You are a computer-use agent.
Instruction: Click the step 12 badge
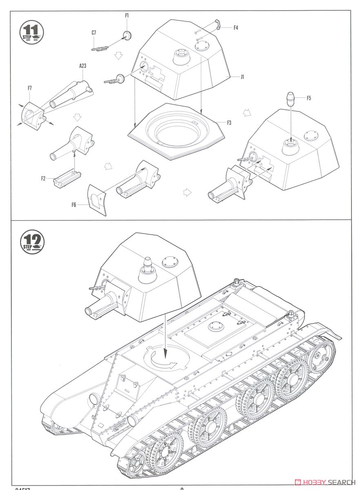(x=32, y=242)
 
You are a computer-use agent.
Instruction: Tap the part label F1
(x=127, y=16)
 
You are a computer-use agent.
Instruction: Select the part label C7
(x=93, y=33)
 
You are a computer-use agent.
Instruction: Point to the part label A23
(x=83, y=65)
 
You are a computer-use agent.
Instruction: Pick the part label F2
(x=43, y=178)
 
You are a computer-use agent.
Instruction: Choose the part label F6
(x=74, y=205)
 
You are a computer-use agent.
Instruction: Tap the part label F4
(x=236, y=28)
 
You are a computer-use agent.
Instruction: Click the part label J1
(x=242, y=77)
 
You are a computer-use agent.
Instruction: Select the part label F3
(x=229, y=122)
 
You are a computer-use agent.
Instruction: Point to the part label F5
(x=309, y=98)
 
